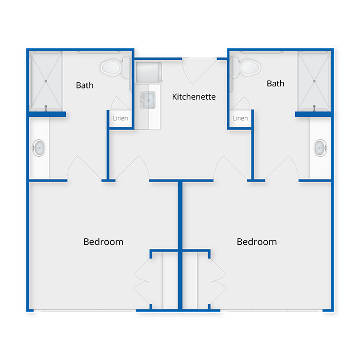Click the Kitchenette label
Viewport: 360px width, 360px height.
coord(194,97)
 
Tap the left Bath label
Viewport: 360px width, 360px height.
coord(85,85)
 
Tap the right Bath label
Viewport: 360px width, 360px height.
coord(276,83)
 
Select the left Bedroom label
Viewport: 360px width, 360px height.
coord(103,242)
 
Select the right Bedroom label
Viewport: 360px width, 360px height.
coord(257,242)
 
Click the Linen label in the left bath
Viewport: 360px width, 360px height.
coord(120,118)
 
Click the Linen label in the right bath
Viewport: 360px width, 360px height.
coord(240,118)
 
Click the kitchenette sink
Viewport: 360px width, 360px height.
coord(148,100)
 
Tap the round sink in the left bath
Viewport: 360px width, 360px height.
coord(39,148)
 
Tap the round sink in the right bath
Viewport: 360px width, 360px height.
coord(321,148)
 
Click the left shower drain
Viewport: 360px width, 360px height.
coord(46,81)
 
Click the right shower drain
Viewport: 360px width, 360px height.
coord(314,81)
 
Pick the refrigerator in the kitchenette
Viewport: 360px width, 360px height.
coord(149,72)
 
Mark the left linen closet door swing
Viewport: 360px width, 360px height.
coord(119,103)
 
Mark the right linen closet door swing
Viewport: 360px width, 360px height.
coord(241,103)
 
